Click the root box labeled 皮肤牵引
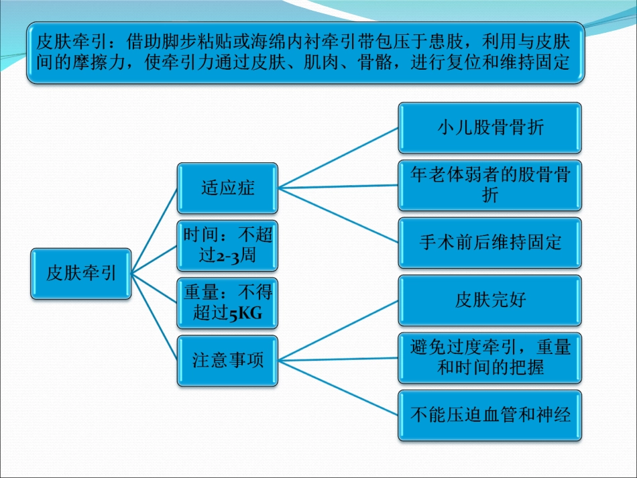tap(81, 273)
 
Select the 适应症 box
tap(227, 188)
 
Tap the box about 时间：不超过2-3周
tap(227, 245)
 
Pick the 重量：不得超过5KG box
tap(227, 302)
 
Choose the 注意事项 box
tap(227, 360)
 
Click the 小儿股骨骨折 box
tap(490, 127)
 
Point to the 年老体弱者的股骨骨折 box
tap(490, 184)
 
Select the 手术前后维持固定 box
tap(490, 242)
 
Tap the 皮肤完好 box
tap(490, 300)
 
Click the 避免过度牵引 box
tap(490, 357)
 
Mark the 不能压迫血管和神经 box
tap(490, 415)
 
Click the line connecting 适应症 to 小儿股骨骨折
tap(339, 158)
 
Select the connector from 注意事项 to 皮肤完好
tap(339, 326)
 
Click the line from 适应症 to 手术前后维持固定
tap(339, 214)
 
